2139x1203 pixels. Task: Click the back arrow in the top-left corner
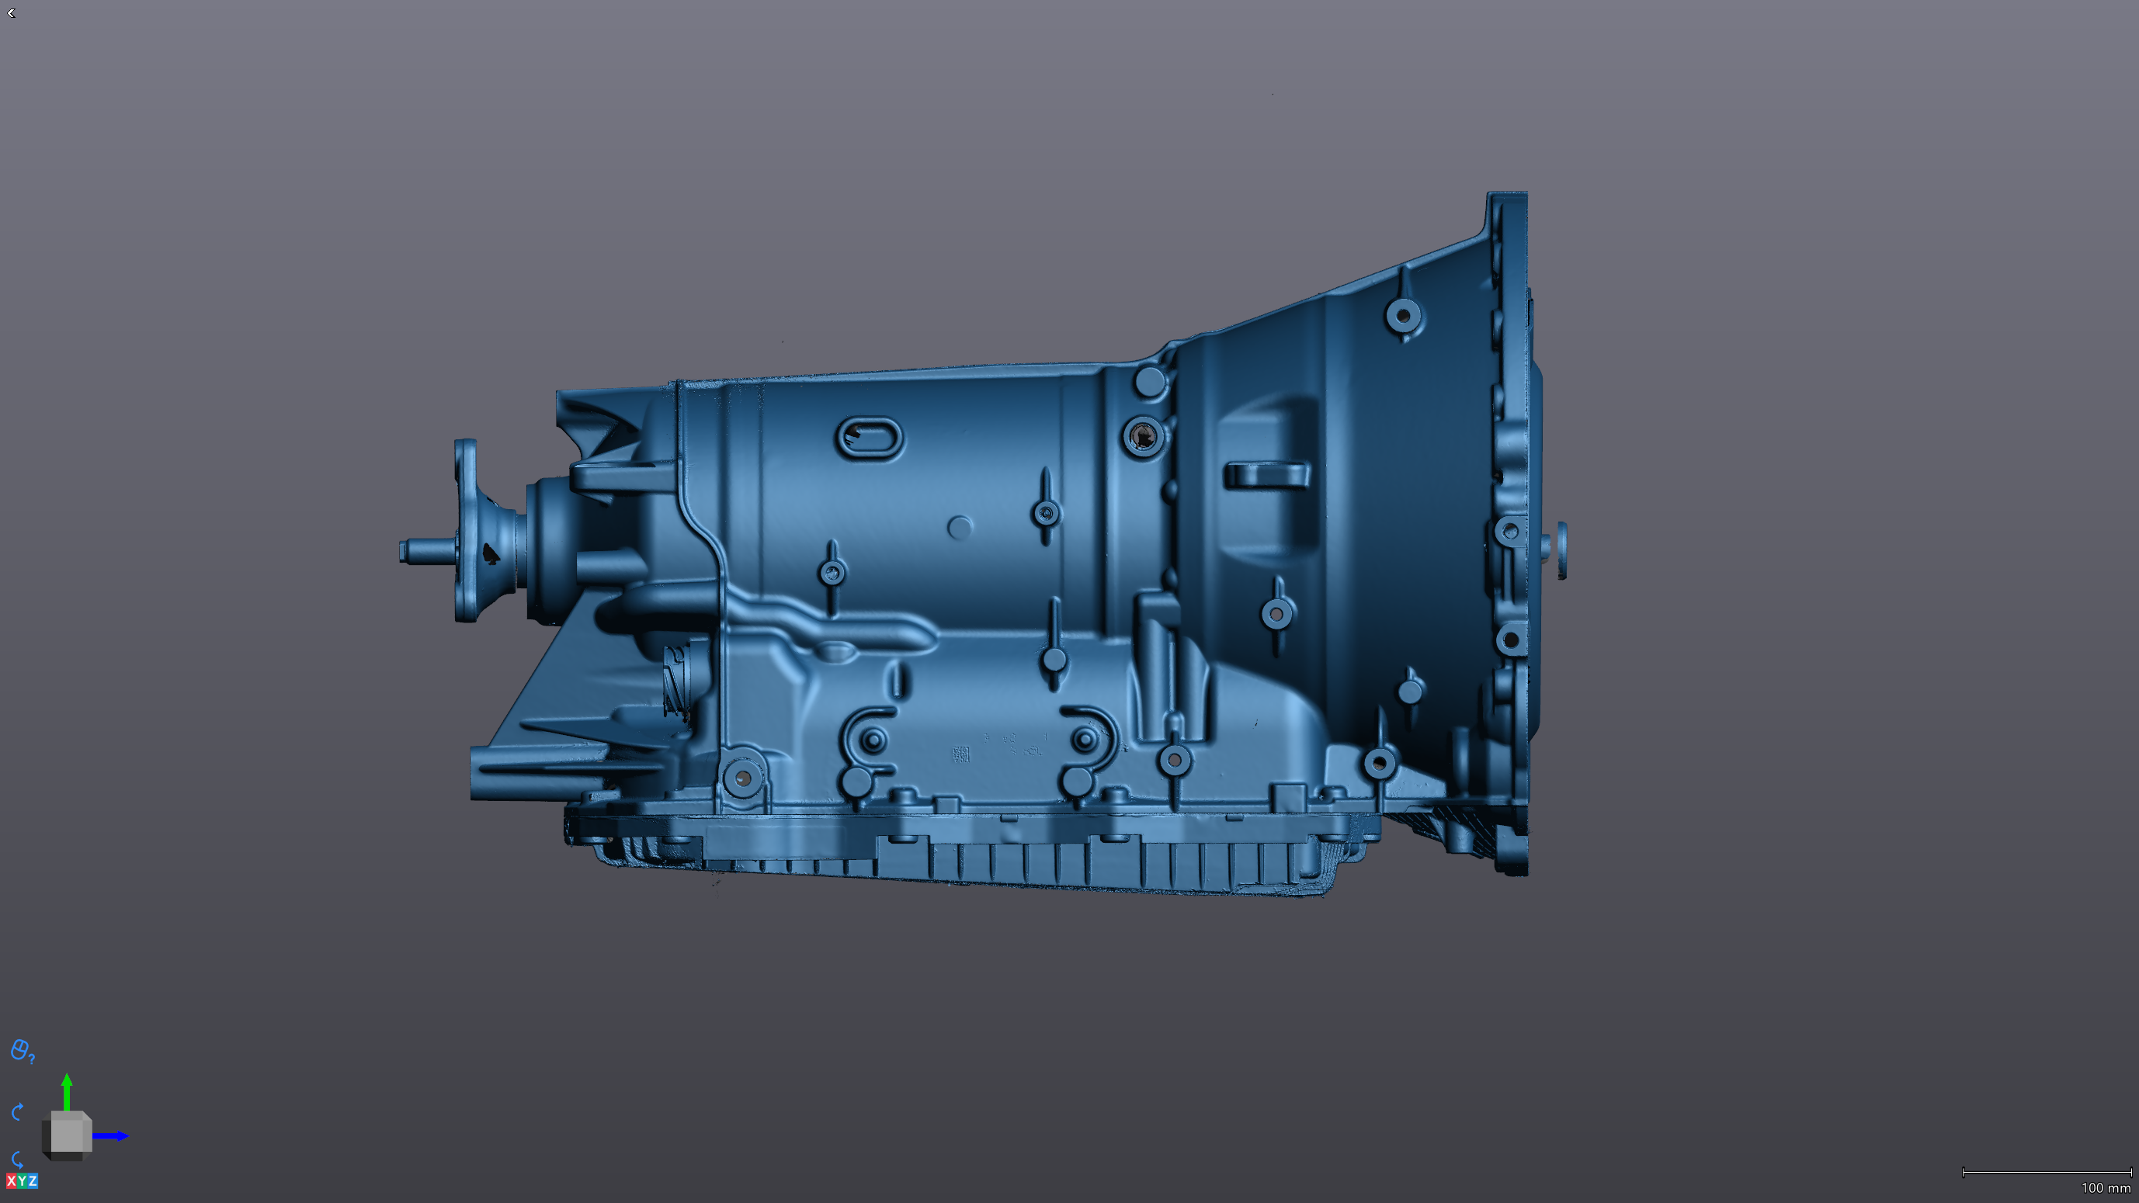point(12,13)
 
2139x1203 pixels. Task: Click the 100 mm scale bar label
point(2105,1188)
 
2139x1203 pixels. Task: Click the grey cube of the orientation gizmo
point(68,1133)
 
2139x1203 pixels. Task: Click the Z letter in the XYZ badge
point(33,1180)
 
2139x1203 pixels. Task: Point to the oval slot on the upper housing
point(870,438)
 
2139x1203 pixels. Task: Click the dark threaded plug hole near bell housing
point(1144,436)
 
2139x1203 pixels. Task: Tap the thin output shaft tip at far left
point(407,550)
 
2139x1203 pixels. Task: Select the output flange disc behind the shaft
point(466,532)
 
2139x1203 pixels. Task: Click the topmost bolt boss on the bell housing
point(1403,315)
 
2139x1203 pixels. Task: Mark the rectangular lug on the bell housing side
point(1266,475)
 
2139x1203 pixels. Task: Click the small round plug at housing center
point(960,527)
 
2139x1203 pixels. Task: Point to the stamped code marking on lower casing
point(961,754)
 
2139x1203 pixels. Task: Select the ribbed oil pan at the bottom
point(996,855)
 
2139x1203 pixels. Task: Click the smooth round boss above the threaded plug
point(1150,383)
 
